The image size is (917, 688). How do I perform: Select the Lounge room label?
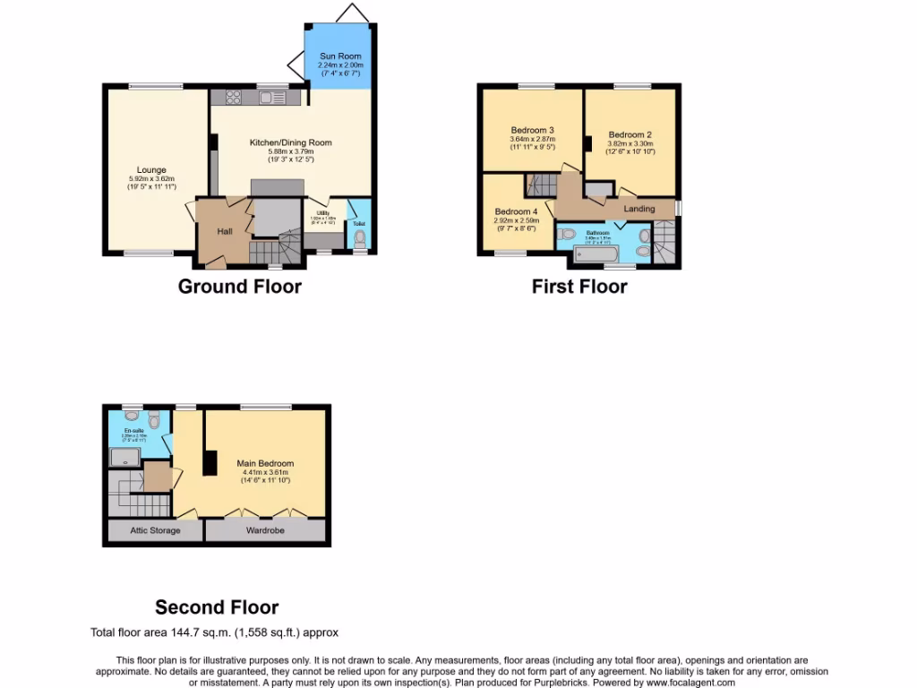(x=151, y=170)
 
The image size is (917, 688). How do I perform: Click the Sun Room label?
(x=340, y=56)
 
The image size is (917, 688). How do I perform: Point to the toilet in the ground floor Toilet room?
(x=360, y=238)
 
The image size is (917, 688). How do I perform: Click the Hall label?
(x=225, y=231)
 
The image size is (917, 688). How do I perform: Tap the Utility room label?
(x=322, y=213)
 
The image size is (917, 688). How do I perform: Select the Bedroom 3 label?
(x=533, y=130)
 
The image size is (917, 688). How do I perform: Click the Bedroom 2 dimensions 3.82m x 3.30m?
(x=630, y=143)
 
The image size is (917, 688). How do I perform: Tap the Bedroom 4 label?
(x=517, y=211)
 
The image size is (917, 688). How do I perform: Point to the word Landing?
(x=639, y=209)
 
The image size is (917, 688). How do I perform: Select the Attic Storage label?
(x=156, y=530)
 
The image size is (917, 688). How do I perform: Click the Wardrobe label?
(x=265, y=530)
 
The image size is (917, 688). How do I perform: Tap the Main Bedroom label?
(x=265, y=463)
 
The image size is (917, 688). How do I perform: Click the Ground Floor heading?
(x=240, y=287)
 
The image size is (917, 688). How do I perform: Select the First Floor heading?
(x=579, y=287)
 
